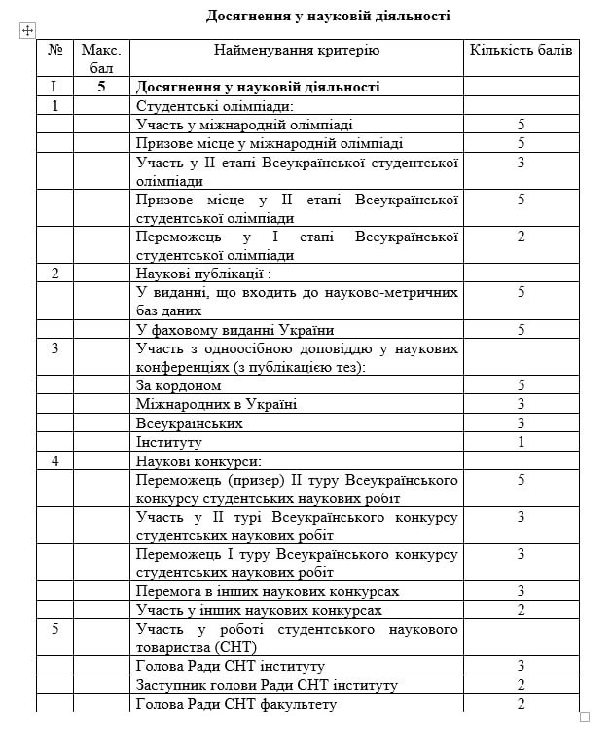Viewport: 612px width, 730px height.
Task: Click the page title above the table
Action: click(328, 15)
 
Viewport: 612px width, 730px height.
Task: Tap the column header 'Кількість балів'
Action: click(521, 50)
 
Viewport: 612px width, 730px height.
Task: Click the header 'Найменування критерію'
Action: click(297, 50)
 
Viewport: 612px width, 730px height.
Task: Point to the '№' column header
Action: click(55, 50)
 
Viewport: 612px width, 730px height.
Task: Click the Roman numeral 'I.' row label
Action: click(55, 88)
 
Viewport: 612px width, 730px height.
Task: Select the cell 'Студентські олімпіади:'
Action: click(215, 106)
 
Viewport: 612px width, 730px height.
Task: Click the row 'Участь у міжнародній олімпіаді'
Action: click(245, 125)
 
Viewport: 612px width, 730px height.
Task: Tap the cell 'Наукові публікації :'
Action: click(202, 274)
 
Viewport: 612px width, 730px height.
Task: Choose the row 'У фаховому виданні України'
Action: click(235, 329)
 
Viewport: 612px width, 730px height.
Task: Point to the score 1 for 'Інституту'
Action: click(521, 442)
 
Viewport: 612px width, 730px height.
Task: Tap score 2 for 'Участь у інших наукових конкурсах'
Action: click(521, 610)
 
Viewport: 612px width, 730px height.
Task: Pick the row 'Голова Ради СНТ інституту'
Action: click(231, 666)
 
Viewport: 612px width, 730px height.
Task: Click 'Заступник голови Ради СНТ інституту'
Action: click(267, 685)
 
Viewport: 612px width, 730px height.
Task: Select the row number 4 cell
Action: click(55, 460)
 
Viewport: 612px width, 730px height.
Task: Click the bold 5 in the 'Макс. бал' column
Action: click(101, 88)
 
